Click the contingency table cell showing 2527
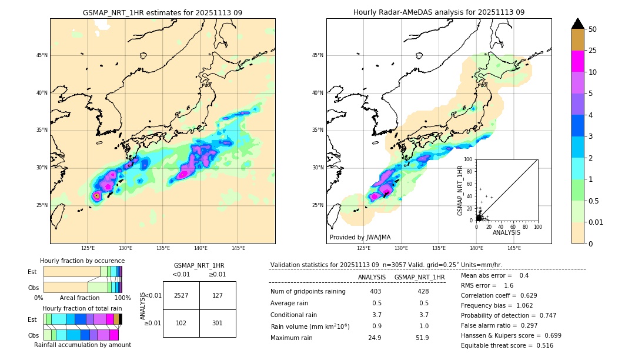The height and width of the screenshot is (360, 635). click(x=181, y=295)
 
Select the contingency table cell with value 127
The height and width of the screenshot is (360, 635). click(x=218, y=295)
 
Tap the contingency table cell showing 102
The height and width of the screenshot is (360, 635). click(x=181, y=322)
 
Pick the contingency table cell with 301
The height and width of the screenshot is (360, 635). click(x=218, y=322)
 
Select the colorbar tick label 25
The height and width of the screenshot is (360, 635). click(x=593, y=51)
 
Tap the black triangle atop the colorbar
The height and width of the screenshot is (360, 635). click(x=578, y=24)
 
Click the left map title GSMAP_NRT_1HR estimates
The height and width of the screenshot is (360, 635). click(x=162, y=12)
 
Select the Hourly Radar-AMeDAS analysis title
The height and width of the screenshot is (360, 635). click(x=439, y=12)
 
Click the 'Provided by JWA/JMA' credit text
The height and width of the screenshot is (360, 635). click(x=360, y=237)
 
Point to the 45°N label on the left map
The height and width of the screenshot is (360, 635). click(x=42, y=55)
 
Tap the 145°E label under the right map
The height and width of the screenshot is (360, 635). click(x=514, y=248)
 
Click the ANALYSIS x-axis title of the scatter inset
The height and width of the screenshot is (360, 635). click(x=506, y=232)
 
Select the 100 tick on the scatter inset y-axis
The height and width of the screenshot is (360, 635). click(x=469, y=159)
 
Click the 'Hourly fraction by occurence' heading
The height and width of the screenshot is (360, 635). click(x=82, y=261)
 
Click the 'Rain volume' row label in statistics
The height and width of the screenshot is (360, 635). click(x=310, y=326)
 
